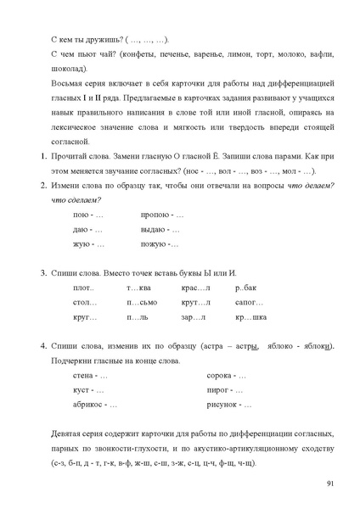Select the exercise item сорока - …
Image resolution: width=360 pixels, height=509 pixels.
point(227,376)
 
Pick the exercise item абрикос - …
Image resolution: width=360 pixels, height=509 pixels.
point(96,405)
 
